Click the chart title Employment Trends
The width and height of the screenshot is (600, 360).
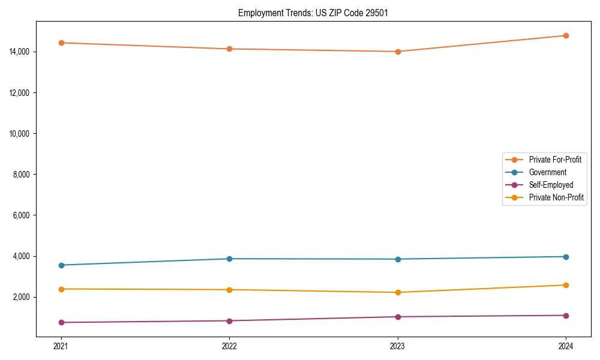(313, 13)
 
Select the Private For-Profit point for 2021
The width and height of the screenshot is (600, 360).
(61, 43)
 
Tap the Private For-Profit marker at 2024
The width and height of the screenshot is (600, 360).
(566, 35)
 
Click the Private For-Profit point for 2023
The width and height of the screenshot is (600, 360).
(398, 52)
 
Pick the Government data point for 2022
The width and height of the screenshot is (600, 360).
(229, 259)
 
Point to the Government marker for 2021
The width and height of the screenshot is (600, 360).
(61, 265)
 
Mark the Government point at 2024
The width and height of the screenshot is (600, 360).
(566, 257)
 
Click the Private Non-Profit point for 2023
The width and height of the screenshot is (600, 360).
(398, 292)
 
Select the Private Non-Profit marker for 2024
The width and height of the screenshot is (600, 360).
(566, 285)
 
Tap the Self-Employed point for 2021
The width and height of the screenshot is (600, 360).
(61, 322)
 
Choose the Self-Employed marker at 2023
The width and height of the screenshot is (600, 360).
(398, 317)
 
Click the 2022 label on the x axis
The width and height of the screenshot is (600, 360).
(229, 346)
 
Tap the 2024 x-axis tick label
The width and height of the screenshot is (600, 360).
(566, 346)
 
